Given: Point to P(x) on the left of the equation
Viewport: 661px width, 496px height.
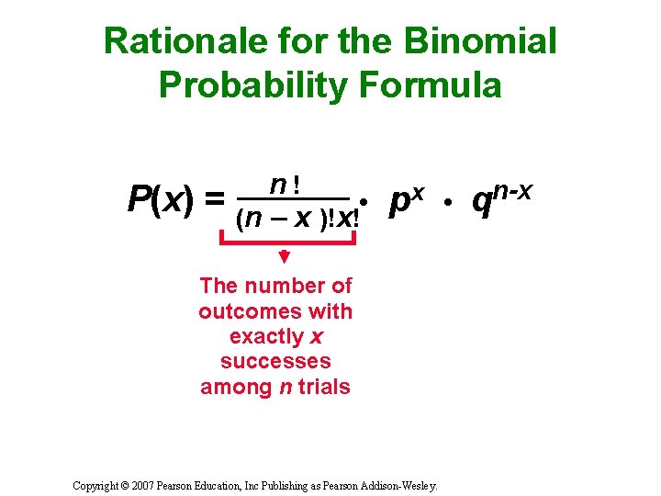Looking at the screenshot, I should [160, 198].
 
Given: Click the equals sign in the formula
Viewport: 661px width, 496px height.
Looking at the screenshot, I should [213, 198].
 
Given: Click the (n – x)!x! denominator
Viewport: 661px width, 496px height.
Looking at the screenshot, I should [297, 220].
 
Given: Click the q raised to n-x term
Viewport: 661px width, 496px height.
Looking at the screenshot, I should [500, 197].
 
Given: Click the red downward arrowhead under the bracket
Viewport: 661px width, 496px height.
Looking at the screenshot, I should [285, 256].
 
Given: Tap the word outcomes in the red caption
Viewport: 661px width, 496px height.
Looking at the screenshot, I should [241, 311].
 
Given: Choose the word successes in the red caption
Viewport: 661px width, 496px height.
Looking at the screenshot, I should [275, 361].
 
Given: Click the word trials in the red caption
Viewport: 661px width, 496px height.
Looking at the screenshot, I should [324, 387].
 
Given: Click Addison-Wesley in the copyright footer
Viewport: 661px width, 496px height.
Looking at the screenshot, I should [406, 483].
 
